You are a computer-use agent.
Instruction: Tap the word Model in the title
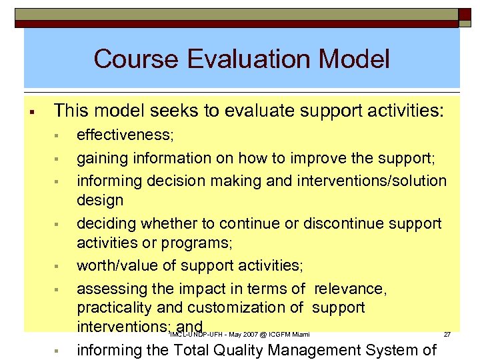pyautogui.click(x=355, y=59)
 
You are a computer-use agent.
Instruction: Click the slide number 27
pyautogui.click(x=448, y=334)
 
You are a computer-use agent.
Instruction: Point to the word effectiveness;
pyautogui.click(x=125, y=135)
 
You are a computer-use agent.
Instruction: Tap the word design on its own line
pyautogui.click(x=100, y=200)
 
